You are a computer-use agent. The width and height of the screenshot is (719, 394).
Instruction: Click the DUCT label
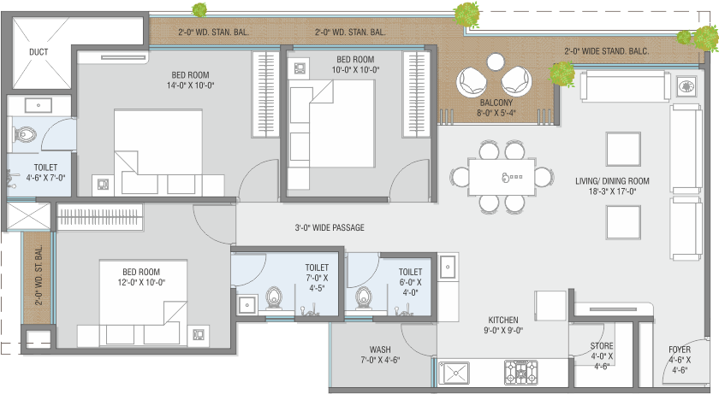[39, 52]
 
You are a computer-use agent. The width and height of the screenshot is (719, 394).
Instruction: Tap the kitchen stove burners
[520, 372]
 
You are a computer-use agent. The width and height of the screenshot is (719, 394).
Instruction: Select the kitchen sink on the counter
[454, 373]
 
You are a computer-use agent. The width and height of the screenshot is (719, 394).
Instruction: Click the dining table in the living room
[502, 177]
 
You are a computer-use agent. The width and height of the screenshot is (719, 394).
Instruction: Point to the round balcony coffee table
[496, 62]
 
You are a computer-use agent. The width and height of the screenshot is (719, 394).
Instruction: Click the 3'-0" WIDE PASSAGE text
[330, 227]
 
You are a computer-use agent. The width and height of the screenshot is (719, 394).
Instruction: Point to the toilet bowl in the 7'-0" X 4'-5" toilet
[274, 298]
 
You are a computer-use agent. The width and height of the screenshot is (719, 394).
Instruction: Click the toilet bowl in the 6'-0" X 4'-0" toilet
[364, 298]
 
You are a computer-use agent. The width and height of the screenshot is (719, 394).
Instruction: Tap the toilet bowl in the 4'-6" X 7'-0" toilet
[25, 135]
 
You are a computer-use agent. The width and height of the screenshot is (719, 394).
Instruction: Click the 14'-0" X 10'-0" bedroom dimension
[190, 85]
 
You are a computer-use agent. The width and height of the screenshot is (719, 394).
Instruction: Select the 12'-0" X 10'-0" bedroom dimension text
[141, 283]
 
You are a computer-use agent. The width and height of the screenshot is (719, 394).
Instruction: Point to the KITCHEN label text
[503, 320]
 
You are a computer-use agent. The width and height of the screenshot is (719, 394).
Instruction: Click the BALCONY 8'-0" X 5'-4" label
[496, 108]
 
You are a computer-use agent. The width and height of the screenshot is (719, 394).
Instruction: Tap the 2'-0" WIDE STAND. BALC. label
[607, 51]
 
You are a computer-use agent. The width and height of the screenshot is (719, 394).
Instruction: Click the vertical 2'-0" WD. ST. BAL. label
[39, 275]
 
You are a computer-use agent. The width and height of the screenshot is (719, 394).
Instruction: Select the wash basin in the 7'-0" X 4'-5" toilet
[247, 304]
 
